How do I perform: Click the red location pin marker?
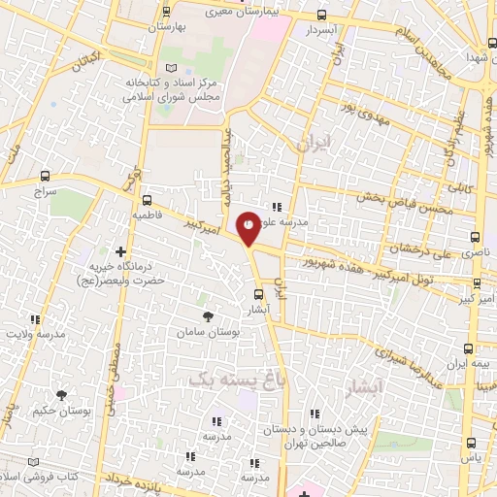point(248,227)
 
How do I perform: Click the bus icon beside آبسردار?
point(322,15)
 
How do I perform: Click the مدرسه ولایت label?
point(36,334)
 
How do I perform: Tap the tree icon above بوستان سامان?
point(207,316)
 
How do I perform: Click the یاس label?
point(470,456)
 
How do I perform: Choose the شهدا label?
point(475,58)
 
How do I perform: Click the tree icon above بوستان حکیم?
point(62,395)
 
